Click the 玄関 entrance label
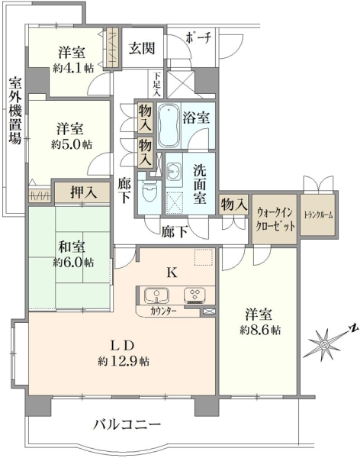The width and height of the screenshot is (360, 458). tap(142, 49)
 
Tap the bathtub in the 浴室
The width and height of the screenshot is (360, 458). tap(169, 126)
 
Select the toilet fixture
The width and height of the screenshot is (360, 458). tap(149, 193)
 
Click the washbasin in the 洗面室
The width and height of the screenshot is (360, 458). tap(175, 171)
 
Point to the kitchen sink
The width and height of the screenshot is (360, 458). tap(156, 295)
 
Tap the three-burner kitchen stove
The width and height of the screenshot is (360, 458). tap(194, 295)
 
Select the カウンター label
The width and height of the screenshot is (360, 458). tap(163, 311)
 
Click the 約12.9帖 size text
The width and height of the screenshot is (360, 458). tap(124, 362)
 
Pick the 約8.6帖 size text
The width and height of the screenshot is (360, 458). tap(260, 331)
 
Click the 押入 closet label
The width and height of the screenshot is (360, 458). tap(83, 192)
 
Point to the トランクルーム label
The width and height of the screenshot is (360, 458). tap(318, 215)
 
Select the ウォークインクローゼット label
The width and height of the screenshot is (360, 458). tap(275, 219)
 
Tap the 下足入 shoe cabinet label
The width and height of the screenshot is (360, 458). tap(157, 84)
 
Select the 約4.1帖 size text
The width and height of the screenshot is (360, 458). tap(73, 69)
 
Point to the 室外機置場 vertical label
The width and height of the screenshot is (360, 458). tap(15, 111)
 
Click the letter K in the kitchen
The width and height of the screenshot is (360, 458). tap(172, 273)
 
